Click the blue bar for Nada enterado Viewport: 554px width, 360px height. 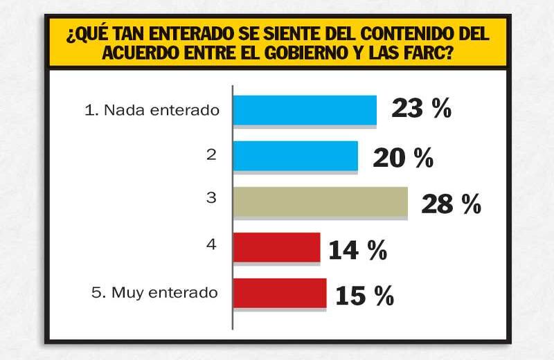click(305, 110)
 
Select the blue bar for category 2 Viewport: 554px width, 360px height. click(295, 155)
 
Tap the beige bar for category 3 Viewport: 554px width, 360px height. click(320, 201)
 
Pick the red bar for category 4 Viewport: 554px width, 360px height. click(276, 247)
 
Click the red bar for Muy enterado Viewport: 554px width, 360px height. click(279, 292)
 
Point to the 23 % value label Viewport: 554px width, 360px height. click(421, 109)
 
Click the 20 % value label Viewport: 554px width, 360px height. click(403, 158)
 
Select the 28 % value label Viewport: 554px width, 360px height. click(450, 204)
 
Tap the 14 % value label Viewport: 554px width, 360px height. click(357, 251)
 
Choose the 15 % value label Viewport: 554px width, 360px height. click(364, 296)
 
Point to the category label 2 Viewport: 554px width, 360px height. click(211, 155)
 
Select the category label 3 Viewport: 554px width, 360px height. click(211, 199)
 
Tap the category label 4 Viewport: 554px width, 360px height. click(211, 244)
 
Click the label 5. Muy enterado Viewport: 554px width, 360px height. click(154, 292)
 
